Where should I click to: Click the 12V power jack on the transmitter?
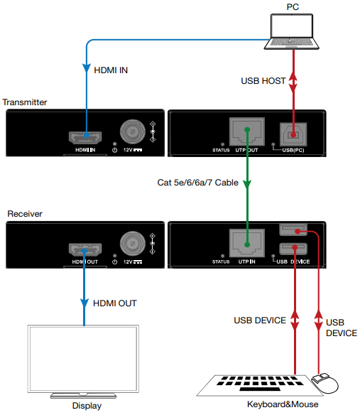coord(132,131)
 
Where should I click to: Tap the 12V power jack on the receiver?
coord(132,242)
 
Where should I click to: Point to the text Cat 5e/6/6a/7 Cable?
coord(197,183)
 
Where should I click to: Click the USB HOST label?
coord(263,81)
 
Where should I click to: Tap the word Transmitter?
coord(25,102)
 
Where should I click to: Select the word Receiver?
coord(23,213)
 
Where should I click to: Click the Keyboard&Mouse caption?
coord(283,405)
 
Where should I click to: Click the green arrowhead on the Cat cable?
coord(246,185)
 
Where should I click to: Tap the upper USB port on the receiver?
coord(292,230)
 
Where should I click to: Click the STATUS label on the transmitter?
coord(222,150)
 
